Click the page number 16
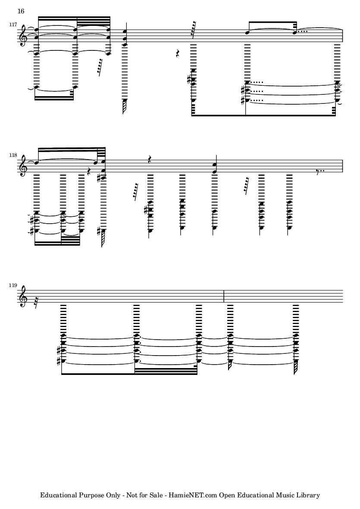21,11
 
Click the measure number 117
13,25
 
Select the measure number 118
13,155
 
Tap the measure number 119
13,285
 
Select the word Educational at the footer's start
58,495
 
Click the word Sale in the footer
157,495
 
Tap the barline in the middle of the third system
224,297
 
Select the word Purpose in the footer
89,495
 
